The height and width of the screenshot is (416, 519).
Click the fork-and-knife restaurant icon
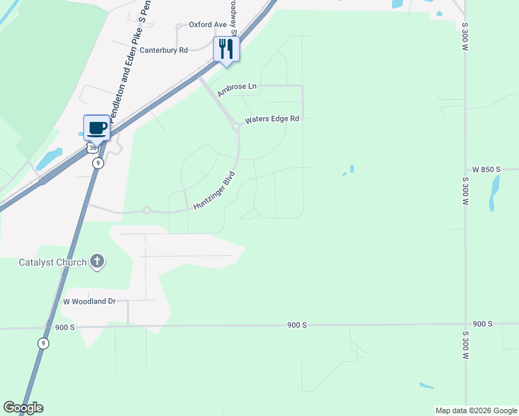(x=226, y=49)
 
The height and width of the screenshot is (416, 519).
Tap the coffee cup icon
(x=96, y=128)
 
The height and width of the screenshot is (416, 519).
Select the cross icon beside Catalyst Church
(x=97, y=261)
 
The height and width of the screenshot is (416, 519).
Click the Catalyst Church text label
(x=53, y=262)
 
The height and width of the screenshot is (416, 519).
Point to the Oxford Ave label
(x=208, y=25)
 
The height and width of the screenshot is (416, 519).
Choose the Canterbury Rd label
(x=164, y=51)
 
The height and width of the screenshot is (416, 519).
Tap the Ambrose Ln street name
(x=237, y=89)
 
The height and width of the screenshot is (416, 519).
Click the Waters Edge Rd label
(x=271, y=119)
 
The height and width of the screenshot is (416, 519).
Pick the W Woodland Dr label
(x=89, y=302)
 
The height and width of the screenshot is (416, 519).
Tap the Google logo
(x=23, y=408)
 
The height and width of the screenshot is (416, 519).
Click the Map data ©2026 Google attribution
(x=477, y=410)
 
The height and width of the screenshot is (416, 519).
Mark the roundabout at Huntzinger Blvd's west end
(x=147, y=210)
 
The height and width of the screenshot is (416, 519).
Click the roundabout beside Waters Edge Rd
(x=237, y=125)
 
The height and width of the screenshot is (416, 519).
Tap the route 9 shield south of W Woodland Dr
(x=43, y=343)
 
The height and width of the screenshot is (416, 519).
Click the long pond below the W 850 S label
(x=494, y=192)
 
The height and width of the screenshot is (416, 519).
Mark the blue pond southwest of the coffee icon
(x=49, y=159)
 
